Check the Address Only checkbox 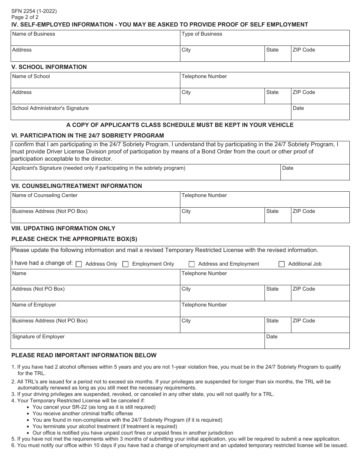79,264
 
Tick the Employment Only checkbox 125,264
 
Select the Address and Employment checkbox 192,264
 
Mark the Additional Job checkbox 282,264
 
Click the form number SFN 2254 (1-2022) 34,11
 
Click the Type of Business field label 202,34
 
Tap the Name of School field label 31,77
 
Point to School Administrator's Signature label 50,108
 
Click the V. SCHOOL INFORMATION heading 49,67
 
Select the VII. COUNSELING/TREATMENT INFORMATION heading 77,186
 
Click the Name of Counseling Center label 45,195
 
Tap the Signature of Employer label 38,337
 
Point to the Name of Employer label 34,305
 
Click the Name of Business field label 33,34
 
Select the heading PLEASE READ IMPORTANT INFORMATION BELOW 84,355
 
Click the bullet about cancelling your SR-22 94,407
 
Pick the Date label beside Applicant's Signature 288,168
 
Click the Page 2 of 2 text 25,17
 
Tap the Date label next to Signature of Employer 272,337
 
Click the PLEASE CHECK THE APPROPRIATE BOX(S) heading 74,239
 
